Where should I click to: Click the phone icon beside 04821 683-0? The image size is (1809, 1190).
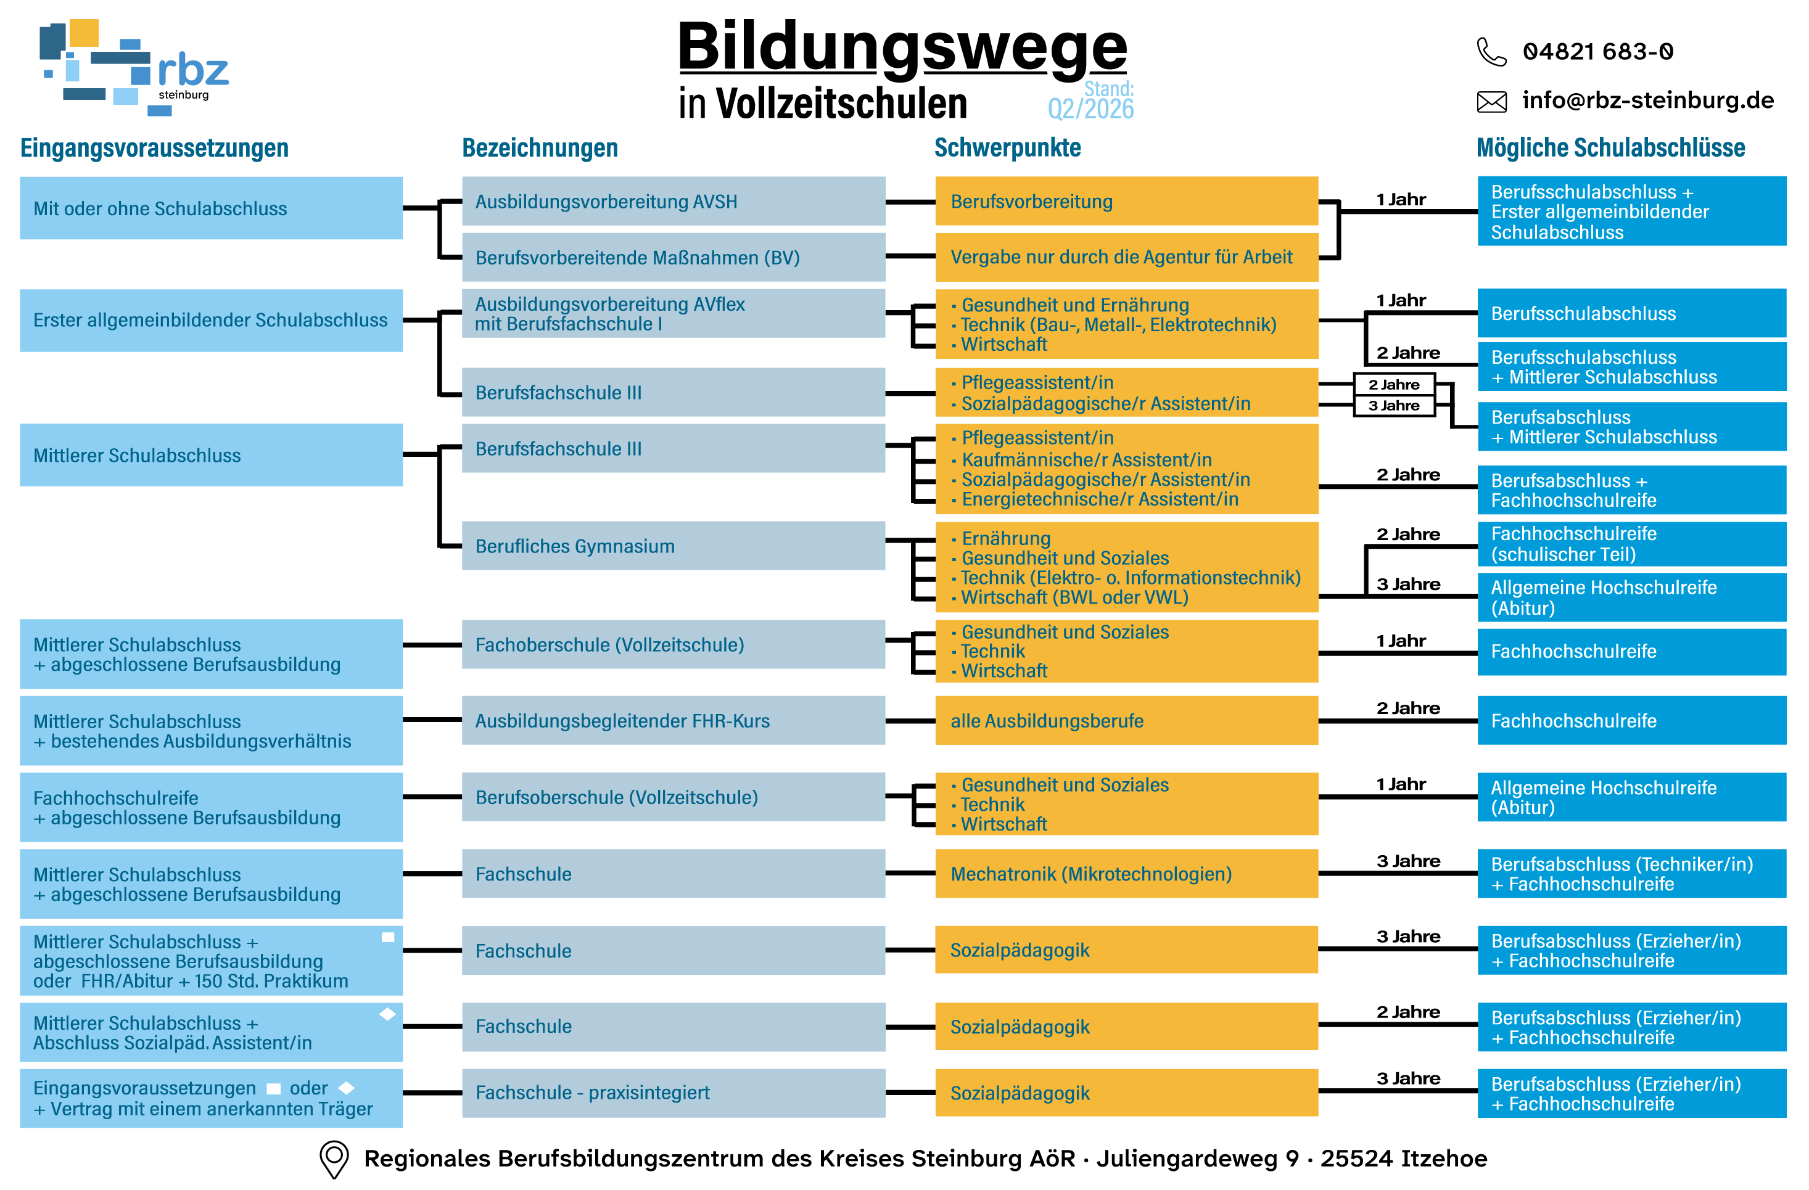pos(1491,52)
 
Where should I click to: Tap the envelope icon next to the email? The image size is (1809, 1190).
pos(1491,101)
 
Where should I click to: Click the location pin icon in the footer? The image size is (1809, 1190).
pos(334,1159)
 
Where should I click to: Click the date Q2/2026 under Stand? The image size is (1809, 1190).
pos(1090,109)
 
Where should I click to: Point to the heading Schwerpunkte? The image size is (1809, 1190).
pos(1007,147)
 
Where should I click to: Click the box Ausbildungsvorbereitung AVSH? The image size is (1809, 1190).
pos(674,202)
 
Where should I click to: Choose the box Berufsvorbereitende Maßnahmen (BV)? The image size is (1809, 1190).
pos(674,258)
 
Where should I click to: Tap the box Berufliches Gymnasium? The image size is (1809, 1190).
pos(674,546)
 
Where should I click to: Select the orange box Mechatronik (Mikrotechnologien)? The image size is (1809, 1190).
pos(1126,874)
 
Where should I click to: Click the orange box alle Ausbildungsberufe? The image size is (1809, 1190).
pos(1126,720)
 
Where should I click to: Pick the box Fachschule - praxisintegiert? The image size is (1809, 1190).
pos(674,1093)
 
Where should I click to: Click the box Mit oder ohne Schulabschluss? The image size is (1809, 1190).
pos(212,208)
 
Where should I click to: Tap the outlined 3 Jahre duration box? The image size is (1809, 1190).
pos(1394,406)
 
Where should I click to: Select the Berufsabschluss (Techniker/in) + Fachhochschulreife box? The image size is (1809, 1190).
pos(1632,874)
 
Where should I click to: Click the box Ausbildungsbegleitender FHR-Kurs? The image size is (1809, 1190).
pos(674,720)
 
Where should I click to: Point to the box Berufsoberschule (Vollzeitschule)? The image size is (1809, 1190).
pos(674,797)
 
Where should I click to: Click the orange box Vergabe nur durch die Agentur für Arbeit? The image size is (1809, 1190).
pos(1126,257)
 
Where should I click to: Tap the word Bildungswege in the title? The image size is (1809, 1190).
pos(902,47)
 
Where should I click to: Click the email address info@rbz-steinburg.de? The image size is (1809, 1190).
pos(1648,101)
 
